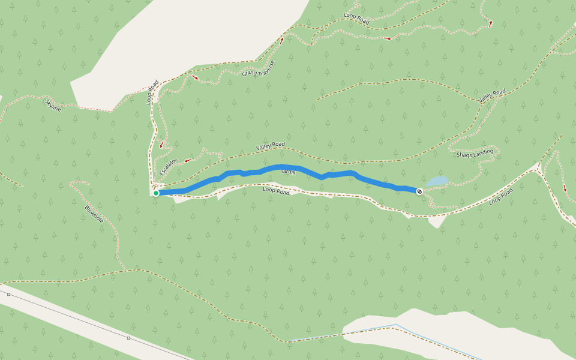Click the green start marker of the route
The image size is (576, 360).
[x=156, y=193]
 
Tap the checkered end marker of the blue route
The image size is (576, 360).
[x=419, y=192]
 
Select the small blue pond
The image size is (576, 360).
[x=437, y=181]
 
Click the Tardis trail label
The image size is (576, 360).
[x=288, y=172]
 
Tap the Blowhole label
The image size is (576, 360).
[x=94, y=214]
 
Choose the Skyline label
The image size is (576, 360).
[x=53, y=106]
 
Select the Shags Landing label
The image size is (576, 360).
[x=475, y=154]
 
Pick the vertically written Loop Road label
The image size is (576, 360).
[x=152, y=92]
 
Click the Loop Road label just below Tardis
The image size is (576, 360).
[x=276, y=191]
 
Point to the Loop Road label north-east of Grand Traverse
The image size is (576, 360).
[x=356, y=18]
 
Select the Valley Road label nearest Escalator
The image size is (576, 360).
[x=270, y=146]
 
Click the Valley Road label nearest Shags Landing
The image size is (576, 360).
[x=492, y=95]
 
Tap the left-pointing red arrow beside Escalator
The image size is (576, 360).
[x=187, y=160]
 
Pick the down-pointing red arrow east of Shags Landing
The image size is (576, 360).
[x=565, y=188]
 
